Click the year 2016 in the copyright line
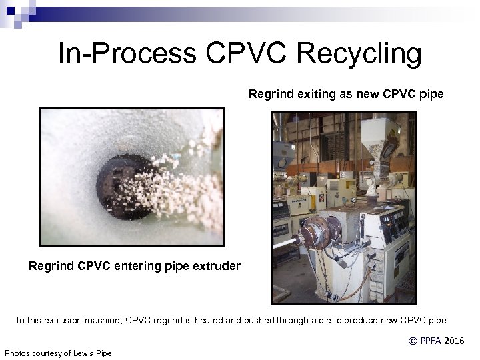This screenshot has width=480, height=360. pos(453,341)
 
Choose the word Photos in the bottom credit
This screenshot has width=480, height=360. pos(18,353)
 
